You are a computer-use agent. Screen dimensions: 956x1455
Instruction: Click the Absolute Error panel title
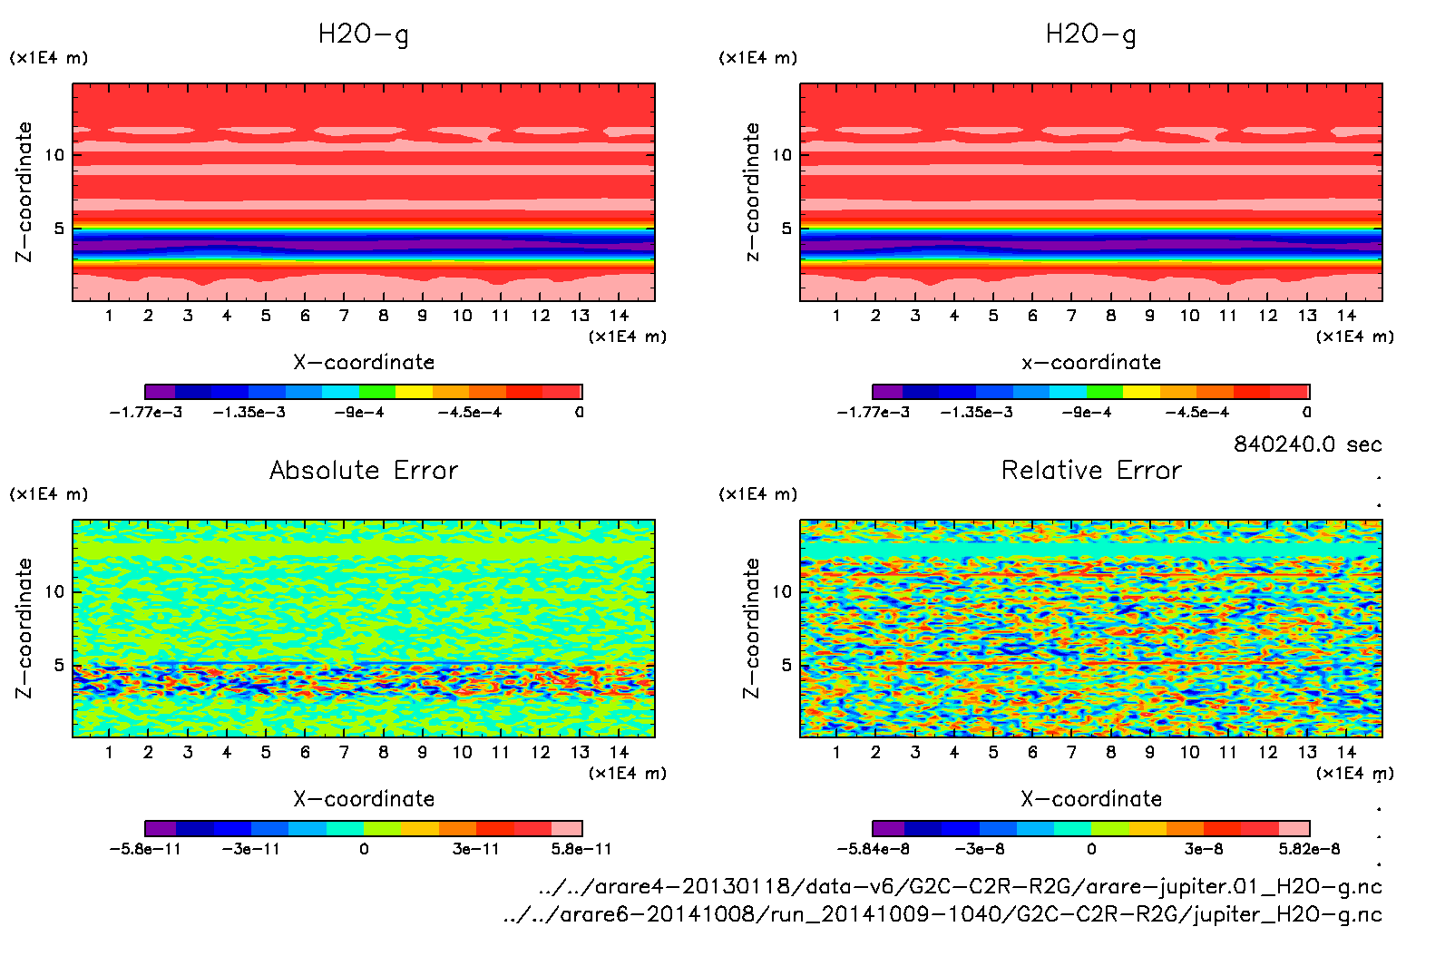[364, 470]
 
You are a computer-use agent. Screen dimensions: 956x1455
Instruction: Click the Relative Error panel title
[1091, 470]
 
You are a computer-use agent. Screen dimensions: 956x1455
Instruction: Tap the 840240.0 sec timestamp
[1307, 444]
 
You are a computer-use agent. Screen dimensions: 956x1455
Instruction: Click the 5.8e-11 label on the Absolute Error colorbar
[581, 849]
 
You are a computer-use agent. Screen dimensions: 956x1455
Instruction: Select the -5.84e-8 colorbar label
[873, 849]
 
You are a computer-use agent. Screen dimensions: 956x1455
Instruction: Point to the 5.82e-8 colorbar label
[1309, 849]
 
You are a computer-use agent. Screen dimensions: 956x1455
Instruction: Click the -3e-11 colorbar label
[250, 849]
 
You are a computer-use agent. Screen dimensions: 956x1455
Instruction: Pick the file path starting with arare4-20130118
[960, 886]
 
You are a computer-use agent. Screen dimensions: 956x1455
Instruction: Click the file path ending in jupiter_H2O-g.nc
[942, 914]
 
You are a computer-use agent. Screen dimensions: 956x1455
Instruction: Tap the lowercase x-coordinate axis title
[1091, 362]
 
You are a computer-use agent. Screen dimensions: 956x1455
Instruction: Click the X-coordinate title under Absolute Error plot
[364, 798]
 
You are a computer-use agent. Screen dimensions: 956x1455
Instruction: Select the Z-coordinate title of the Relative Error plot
[751, 628]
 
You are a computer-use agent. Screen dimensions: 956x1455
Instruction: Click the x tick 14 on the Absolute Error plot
[619, 752]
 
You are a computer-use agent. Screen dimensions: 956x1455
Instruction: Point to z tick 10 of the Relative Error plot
[782, 591]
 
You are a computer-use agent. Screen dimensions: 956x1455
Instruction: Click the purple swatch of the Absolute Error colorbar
[161, 828]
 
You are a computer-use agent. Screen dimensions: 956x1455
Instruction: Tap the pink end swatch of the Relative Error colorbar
[1294, 828]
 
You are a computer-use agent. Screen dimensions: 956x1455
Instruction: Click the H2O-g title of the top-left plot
[364, 34]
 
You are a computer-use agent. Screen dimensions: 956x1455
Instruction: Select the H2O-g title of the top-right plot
[1091, 34]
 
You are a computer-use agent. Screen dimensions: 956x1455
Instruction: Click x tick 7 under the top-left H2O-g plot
[344, 316]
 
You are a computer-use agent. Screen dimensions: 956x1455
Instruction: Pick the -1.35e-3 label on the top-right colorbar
[976, 413]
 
